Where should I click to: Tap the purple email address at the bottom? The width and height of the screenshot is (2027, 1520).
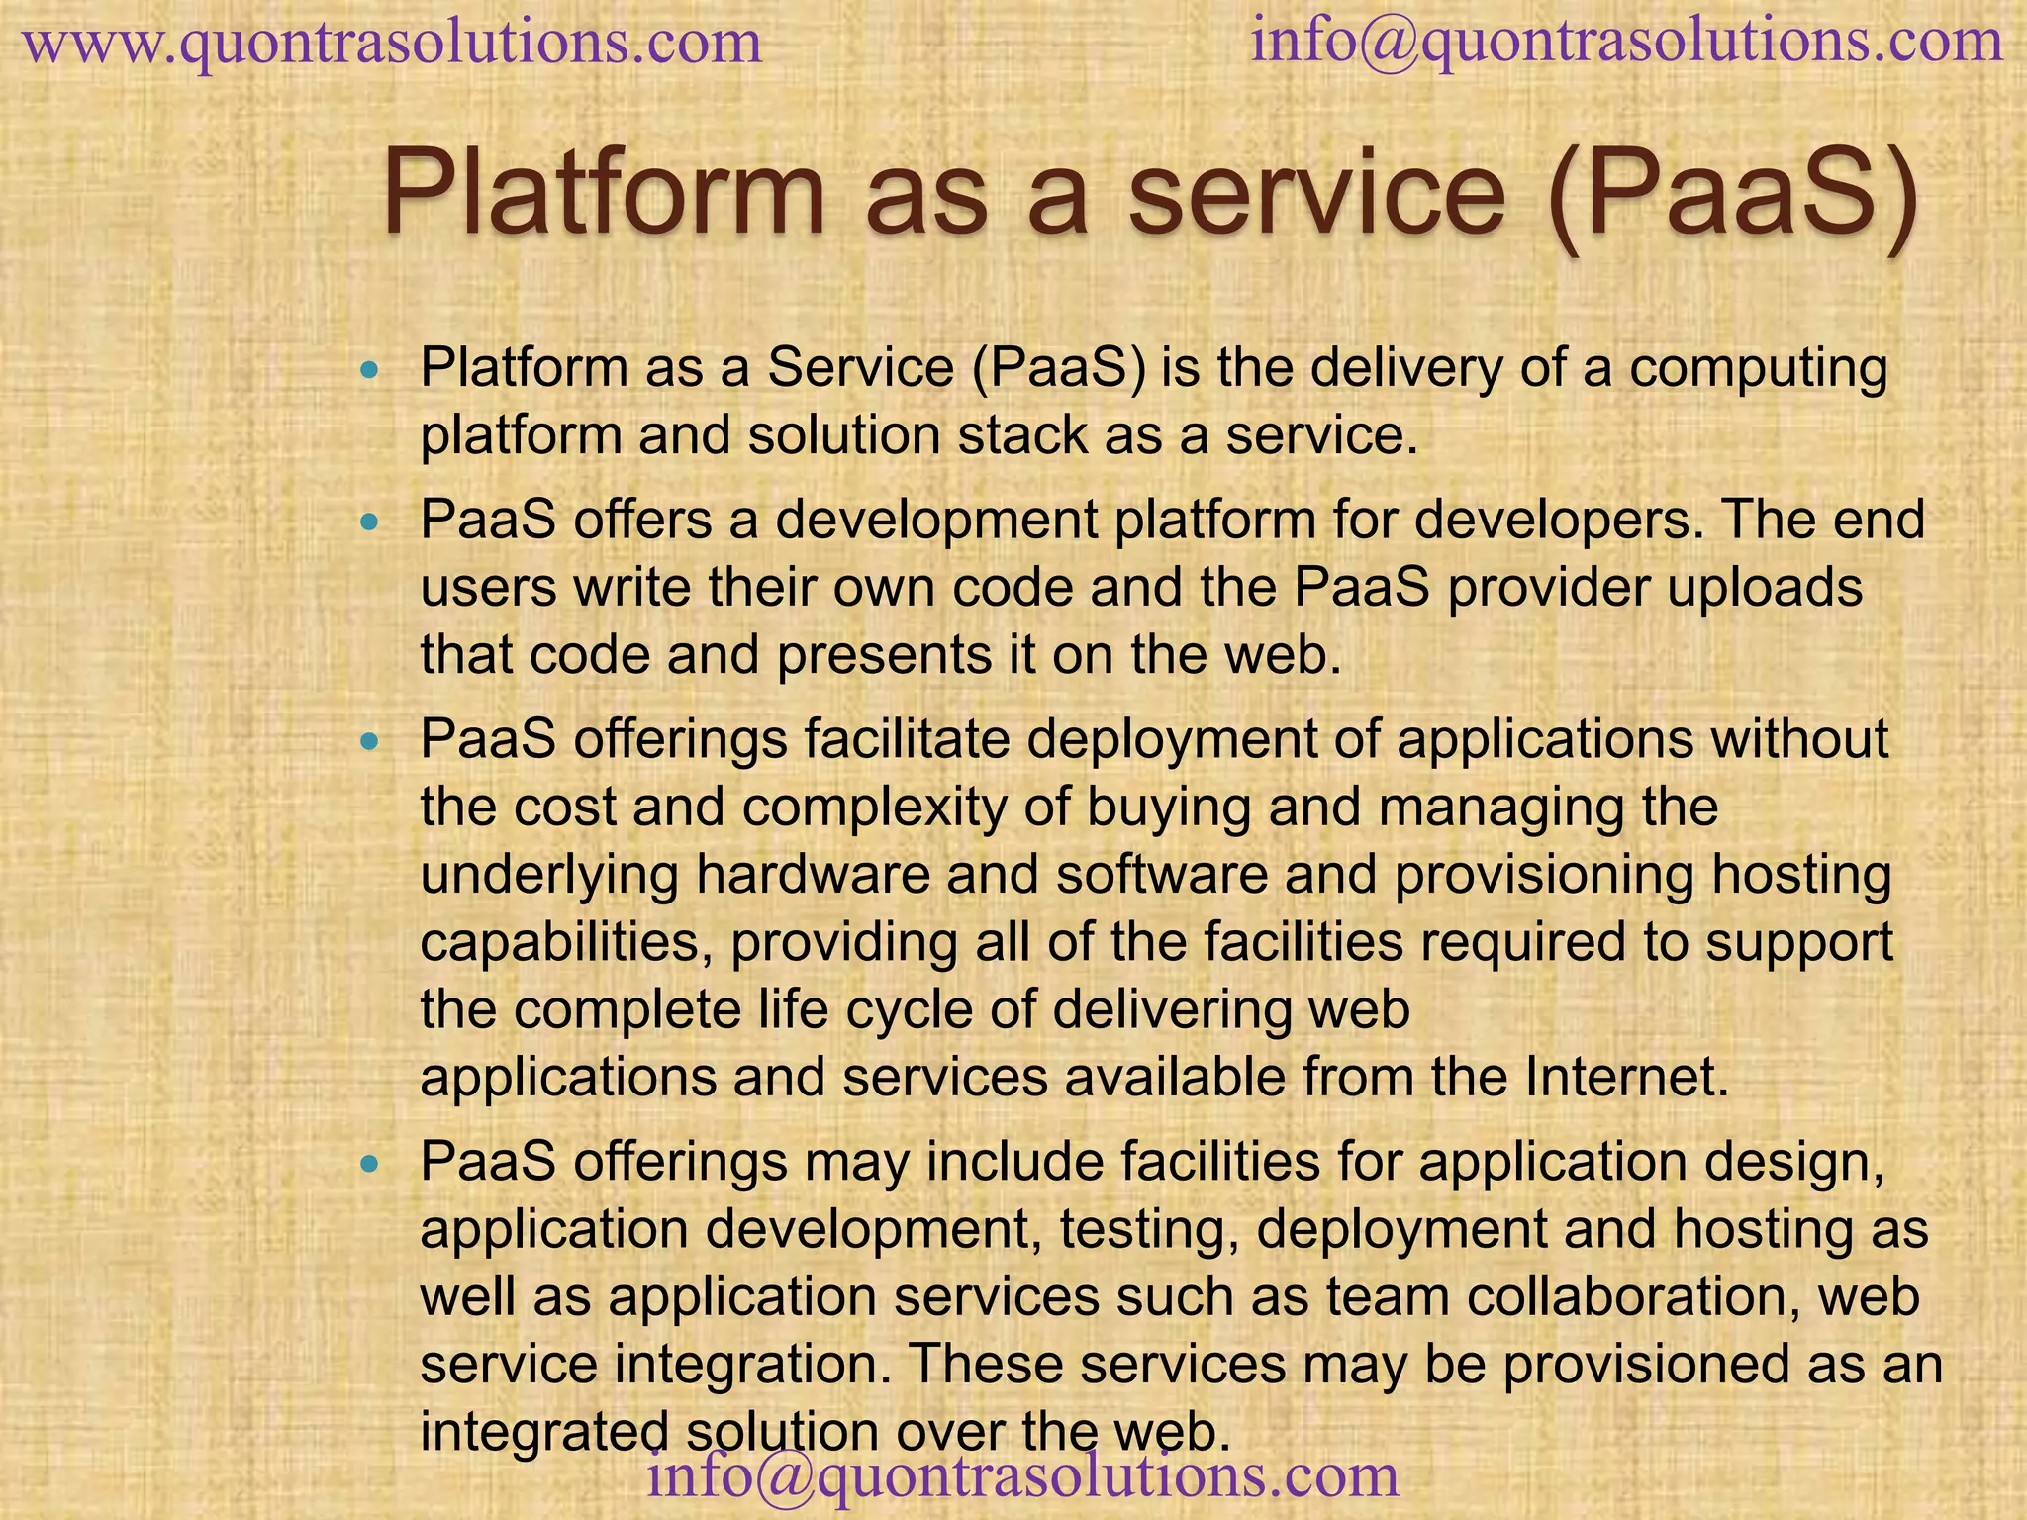tap(1023, 1474)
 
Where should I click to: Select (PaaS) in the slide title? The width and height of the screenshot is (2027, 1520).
tap(1732, 194)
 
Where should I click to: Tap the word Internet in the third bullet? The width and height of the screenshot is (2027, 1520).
tap(1626, 1078)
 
